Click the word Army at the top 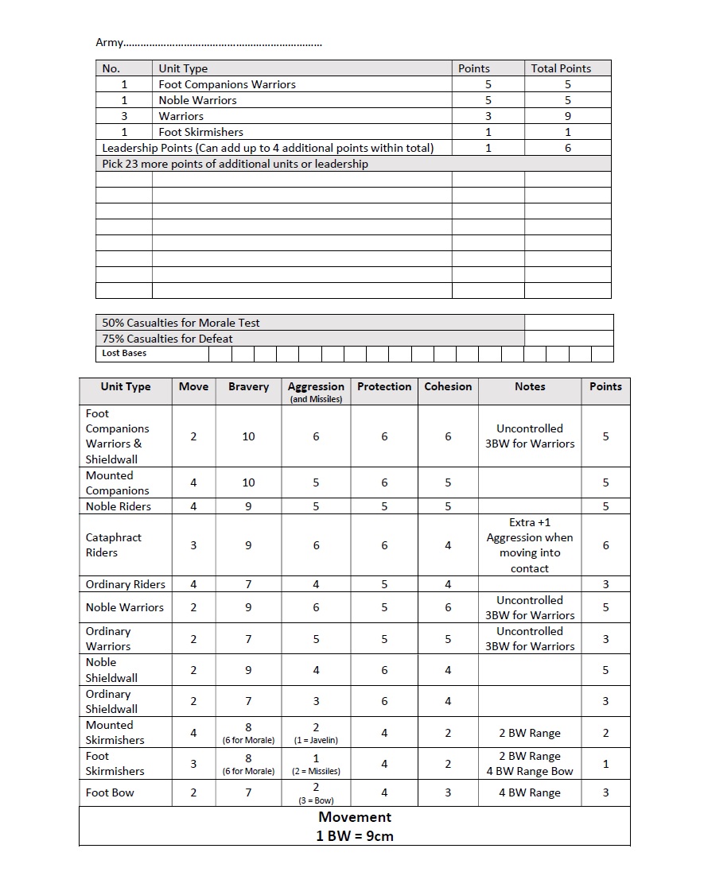point(110,42)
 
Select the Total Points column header point(561,68)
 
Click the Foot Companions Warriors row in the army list point(227,84)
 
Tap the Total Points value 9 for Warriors point(567,116)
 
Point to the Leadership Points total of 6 point(567,148)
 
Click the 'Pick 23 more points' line point(235,164)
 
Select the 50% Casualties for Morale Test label point(181,323)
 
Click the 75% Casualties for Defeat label point(167,339)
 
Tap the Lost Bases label point(124,353)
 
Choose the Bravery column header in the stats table point(248,387)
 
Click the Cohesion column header point(448,387)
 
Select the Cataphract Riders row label point(113,545)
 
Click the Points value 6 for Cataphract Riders point(605,545)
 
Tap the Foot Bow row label point(110,792)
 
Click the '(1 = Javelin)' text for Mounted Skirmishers point(316,740)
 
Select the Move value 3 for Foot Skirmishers point(193,764)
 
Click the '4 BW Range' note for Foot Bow point(530,792)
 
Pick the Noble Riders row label point(118,506)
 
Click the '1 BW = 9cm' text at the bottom point(355,835)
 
